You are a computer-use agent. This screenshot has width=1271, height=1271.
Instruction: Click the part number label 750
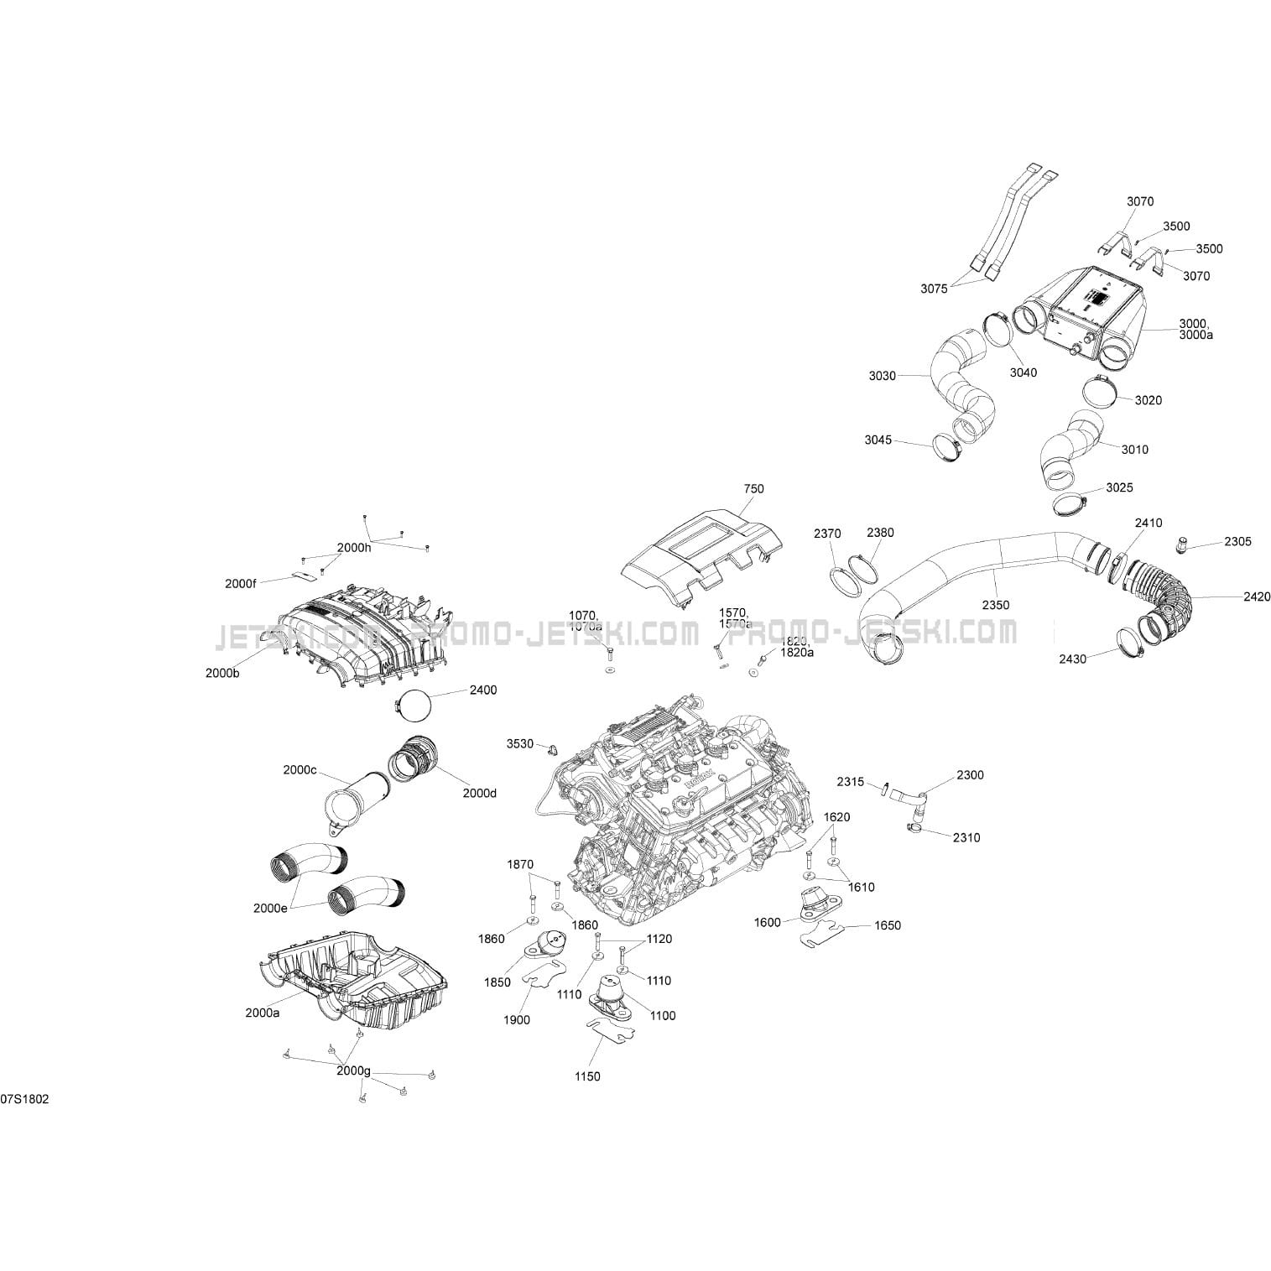[x=753, y=488]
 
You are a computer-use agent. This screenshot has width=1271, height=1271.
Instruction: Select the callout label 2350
[x=996, y=605]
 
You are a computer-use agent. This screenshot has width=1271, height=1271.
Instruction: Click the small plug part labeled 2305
[x=1180, y=546]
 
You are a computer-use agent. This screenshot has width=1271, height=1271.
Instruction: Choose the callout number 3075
[x=934, y=289]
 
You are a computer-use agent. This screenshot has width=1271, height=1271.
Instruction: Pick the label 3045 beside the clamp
[x=878, y=440]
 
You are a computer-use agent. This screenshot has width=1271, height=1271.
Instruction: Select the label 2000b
[x=222, y=672]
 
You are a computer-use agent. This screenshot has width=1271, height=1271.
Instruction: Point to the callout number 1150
[x=587, y=1076]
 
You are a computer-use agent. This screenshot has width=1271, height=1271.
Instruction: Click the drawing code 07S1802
[x=24, y=1099]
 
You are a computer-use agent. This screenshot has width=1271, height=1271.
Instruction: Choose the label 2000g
[x=353, y=1070]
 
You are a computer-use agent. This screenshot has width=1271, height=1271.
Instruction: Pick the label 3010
[x=1134, y=450]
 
